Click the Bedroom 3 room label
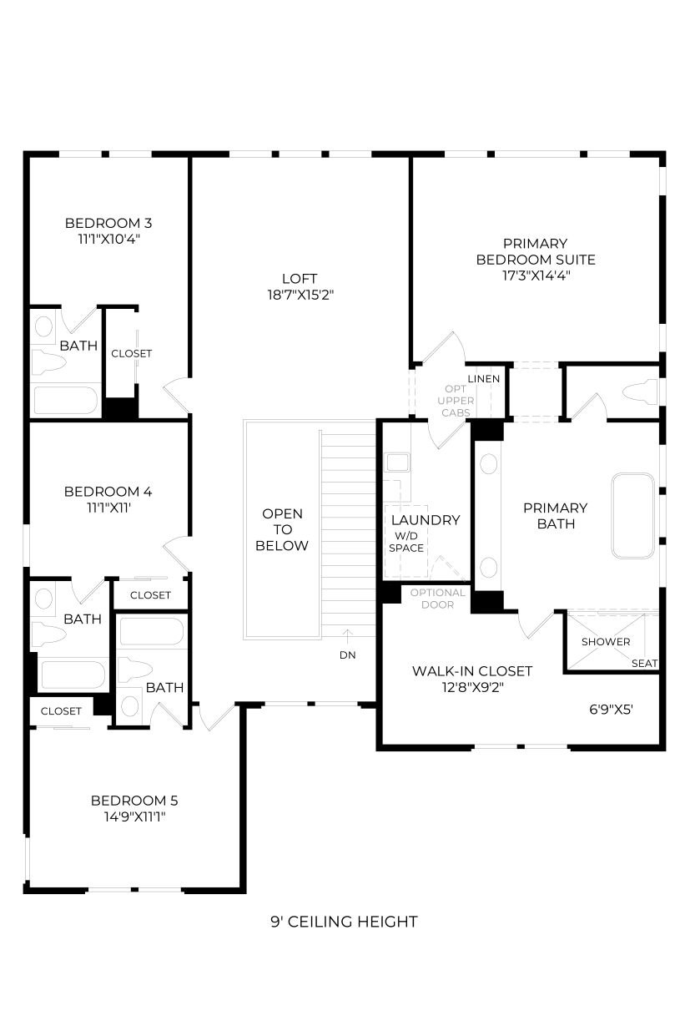point(108,223)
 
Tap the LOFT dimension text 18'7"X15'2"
point(300,295)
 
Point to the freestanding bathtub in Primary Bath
point(632,516)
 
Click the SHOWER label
point(606,642)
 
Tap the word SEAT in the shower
point(644,663)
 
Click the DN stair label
point(347,655)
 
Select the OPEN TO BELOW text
point(281,529)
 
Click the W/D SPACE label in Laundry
point(405,542)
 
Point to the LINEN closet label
point(484,379)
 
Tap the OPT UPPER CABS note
point(456,401)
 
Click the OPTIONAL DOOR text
point(437,599)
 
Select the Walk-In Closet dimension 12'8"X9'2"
point(472,687)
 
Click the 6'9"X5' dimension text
point(611,710)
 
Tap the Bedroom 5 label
point(134,801)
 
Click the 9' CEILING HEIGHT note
point(344,922)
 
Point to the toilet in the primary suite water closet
point(641,392)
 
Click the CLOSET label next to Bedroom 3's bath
point(131,353)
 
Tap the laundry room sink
point(398,462)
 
